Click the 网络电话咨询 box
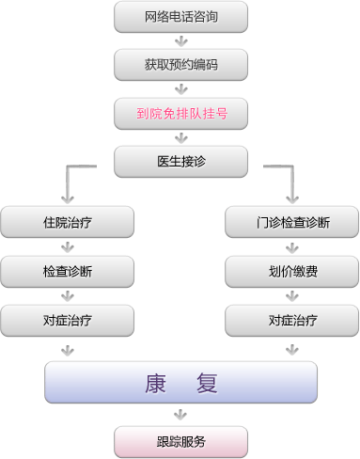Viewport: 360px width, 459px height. click(181, 16)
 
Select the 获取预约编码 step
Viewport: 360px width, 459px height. click(181, 65)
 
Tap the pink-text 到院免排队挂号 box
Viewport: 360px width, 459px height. click(181, 113)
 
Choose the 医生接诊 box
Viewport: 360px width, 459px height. click(181, 161)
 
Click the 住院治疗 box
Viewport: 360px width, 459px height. click(67, 223)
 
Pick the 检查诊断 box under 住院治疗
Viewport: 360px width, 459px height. click(67, 271)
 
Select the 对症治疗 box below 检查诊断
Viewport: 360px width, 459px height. click(67, 320)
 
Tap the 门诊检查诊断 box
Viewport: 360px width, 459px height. click(292, 223)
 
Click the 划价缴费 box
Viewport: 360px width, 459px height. click(292, 271)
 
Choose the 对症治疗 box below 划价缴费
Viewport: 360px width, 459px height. click(292, 320)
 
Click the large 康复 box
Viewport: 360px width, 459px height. click(181, 383)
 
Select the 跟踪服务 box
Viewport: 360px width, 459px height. click(181, 440)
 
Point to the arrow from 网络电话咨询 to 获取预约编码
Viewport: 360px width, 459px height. click(181, 40)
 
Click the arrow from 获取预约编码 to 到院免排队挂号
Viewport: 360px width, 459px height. click(181, 88)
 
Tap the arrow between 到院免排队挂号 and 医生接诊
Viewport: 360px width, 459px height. click(181, 137)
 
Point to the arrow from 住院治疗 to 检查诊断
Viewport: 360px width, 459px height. click(67, 247)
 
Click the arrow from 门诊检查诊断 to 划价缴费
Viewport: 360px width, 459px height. click(292, 247)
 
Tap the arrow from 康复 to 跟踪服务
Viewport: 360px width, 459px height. click(181, 415)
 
